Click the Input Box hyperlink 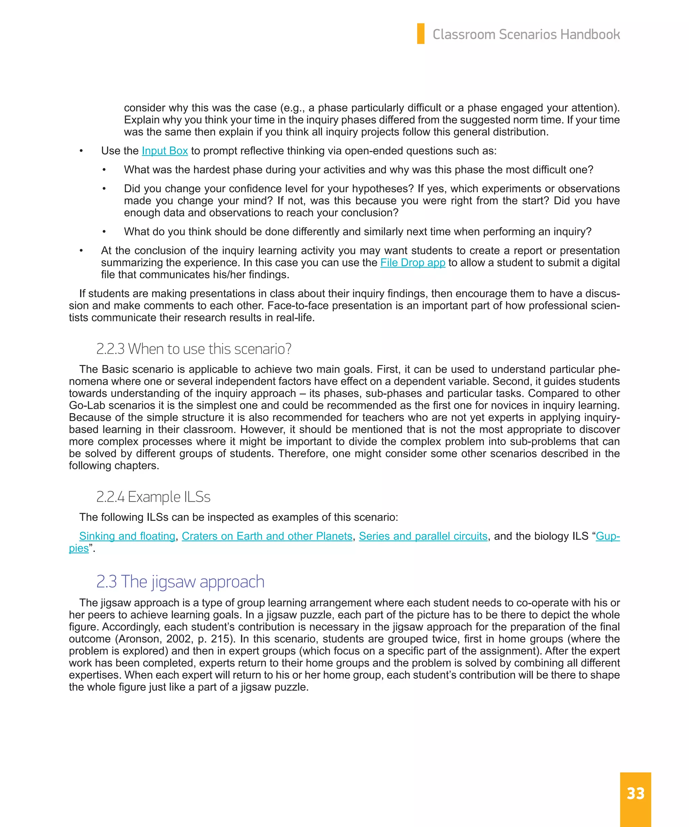click(165, 151)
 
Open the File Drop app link click(412, 263)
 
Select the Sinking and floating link click(127, 536)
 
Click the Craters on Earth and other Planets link click(267, 536)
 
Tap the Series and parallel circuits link click(423, 536)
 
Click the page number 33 click(635, 794)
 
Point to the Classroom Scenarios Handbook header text click(526, 35)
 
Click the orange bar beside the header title click(421, 33)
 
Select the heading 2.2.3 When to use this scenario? click(194, 349)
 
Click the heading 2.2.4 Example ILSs click(153, 497)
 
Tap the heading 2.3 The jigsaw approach click(180, 582)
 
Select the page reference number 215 click(220, 639)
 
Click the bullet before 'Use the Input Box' click(81, 151)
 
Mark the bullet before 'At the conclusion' click(81, 251)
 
